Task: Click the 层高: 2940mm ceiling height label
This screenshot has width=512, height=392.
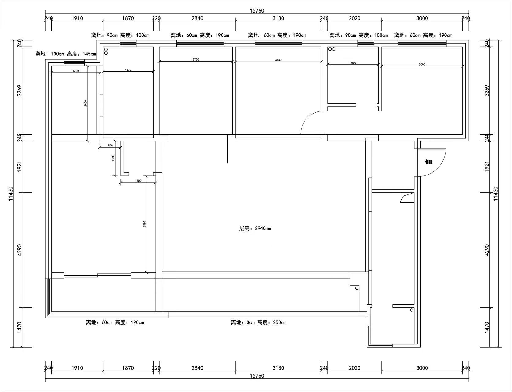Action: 255,228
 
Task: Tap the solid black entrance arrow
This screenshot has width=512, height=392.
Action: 429,162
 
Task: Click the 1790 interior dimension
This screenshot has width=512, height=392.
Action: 76,71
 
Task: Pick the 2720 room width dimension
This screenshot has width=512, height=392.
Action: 196,59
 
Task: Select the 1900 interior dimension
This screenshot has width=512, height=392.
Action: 353,62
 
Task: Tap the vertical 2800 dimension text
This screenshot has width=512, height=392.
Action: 86,103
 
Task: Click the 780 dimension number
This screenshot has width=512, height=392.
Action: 110,145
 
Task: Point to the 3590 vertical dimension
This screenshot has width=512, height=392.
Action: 144,224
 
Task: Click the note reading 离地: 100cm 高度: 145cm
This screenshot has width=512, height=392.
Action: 66,54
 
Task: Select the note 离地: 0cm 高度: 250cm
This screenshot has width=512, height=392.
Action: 259,322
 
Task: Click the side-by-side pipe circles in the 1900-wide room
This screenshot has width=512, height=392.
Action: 332,49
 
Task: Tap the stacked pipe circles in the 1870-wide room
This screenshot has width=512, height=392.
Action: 106,51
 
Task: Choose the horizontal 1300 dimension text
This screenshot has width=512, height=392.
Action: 138,181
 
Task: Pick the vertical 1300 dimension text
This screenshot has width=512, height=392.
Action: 113,158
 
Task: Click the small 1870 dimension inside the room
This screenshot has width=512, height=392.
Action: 128,70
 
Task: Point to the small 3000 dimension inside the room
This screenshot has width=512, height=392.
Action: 422,64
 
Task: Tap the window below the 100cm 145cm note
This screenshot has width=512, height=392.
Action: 74,62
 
